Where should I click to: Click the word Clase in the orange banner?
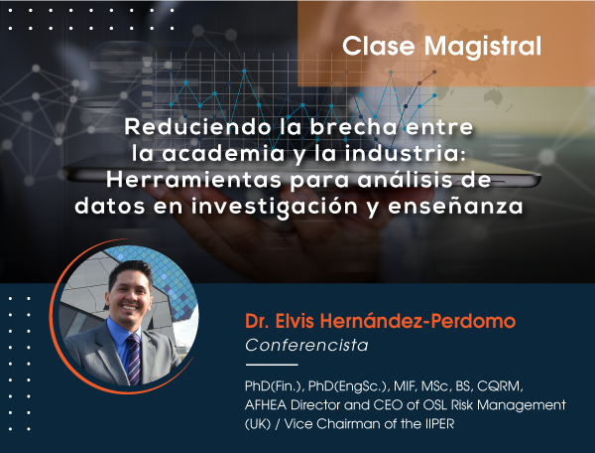click(379, 47)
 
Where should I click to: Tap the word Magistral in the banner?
click(483, 47)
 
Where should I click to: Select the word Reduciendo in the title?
click(197, 127)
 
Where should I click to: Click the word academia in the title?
click(223, 154)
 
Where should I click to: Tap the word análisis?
click(405, 180)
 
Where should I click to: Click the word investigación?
click(275, 208)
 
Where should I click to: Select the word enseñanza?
click(455, 206)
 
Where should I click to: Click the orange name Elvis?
click(295, 321)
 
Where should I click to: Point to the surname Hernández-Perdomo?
click(417, 321)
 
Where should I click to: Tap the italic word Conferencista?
click(306, 346)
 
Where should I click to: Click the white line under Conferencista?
click(272, 365)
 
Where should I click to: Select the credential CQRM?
click(500, 386)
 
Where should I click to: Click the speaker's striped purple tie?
click(133, 359)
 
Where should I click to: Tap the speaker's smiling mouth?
click(130, 307)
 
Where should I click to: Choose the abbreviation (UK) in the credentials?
click(258, 424)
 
